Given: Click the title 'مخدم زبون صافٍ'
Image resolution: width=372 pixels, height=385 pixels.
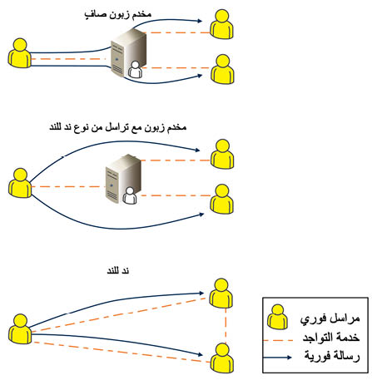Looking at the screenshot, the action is point(118,14).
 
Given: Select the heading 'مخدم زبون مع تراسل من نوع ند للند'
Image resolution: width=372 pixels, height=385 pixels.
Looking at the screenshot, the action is point(117,127).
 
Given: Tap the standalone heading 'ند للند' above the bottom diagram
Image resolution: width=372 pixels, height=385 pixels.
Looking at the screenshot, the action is point(118,270).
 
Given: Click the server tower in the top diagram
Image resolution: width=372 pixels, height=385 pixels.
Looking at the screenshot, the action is point(128,52).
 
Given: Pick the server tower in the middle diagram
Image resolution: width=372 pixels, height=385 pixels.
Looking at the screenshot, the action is point(123,178).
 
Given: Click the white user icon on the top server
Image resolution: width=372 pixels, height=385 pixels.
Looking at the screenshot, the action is point(135,70).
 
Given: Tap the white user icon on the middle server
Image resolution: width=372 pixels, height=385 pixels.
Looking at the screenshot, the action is point(130,195).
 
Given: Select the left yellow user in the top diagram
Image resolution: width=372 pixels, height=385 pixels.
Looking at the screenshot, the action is point(19,53).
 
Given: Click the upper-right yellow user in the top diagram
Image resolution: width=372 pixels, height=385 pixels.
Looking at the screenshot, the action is point(221,24).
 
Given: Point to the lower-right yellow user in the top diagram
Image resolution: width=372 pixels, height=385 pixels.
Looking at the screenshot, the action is point(222,69).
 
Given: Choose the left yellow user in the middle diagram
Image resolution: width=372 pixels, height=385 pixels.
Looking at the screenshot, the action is point(20,183).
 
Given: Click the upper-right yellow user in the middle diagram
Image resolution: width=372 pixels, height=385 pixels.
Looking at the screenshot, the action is point(222,154).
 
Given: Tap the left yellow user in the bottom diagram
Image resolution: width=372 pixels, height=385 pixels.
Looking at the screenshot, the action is point(20,329).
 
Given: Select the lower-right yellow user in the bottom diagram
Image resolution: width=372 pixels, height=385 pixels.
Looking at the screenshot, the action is point(222,358).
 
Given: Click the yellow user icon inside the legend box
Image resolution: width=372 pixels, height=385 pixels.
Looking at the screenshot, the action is point(277,317).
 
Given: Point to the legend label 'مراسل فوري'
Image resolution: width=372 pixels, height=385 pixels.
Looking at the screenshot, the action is point(330,318).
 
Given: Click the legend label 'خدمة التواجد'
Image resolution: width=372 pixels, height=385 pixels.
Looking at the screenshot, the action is point(331,338).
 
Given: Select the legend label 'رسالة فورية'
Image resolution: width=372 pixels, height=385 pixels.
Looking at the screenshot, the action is point(332,356).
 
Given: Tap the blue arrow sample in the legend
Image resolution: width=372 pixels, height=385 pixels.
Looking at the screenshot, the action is point(277,358).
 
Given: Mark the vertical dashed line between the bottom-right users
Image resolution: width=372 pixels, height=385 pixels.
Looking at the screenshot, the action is point(226,326).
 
